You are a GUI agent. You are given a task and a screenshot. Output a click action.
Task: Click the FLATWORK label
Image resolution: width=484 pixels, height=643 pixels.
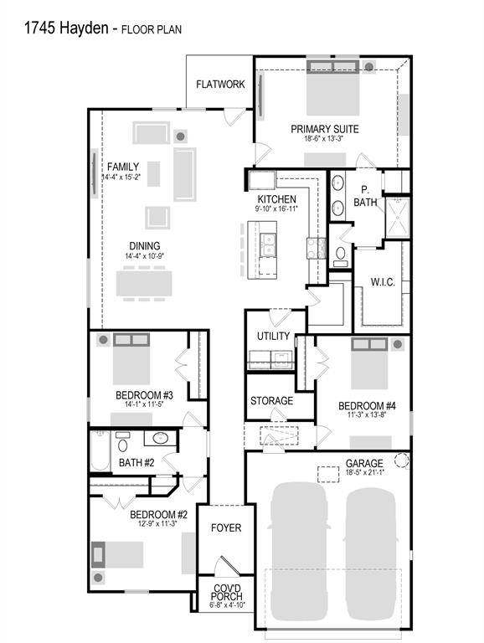point(220,85)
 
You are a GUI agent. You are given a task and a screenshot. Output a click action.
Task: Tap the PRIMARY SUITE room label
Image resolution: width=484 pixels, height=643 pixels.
point(324,129)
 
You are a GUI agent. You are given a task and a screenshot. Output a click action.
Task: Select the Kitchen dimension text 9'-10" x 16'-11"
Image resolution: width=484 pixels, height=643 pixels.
point(276,208)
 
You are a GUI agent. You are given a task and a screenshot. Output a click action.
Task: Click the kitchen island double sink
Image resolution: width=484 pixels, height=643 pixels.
point(268,244)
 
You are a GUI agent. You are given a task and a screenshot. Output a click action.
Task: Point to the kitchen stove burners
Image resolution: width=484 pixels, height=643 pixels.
point(317,248)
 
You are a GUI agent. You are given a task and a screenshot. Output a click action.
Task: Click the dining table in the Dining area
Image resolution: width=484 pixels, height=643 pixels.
point(143,283)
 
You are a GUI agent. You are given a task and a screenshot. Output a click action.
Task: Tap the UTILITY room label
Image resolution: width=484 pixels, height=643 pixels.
point(273,337)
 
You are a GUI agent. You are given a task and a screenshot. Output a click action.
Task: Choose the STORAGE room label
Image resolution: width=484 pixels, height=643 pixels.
point(271,401)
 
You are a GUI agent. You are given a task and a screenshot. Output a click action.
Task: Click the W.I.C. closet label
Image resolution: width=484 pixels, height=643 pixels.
point(383,282)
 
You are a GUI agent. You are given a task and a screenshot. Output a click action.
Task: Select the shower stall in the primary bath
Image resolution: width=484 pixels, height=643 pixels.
point(397,218)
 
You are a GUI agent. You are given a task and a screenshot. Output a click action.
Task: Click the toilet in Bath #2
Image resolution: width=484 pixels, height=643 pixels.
point(122,442)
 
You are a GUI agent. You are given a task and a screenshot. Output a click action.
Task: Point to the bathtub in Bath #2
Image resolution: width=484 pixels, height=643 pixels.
point(100,450)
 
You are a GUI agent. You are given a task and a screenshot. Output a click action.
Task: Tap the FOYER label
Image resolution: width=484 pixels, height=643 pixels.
point(226,527)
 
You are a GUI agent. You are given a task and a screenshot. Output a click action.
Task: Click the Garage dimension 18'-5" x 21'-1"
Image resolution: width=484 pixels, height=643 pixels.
point(364,472)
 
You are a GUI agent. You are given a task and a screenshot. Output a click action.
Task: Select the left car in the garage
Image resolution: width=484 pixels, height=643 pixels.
point(299,552)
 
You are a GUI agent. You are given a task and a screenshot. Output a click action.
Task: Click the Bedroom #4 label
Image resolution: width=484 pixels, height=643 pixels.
point(367,406)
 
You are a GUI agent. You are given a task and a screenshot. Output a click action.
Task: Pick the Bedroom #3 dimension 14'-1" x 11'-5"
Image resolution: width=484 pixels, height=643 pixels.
point(144,404)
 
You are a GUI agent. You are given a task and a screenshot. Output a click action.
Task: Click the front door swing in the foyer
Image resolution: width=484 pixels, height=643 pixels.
point(227,566)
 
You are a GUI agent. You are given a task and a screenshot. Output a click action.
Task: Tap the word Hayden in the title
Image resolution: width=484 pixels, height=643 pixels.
point(84,28)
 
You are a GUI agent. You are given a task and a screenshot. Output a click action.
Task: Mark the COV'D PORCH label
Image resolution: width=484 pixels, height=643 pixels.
point(226,593)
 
